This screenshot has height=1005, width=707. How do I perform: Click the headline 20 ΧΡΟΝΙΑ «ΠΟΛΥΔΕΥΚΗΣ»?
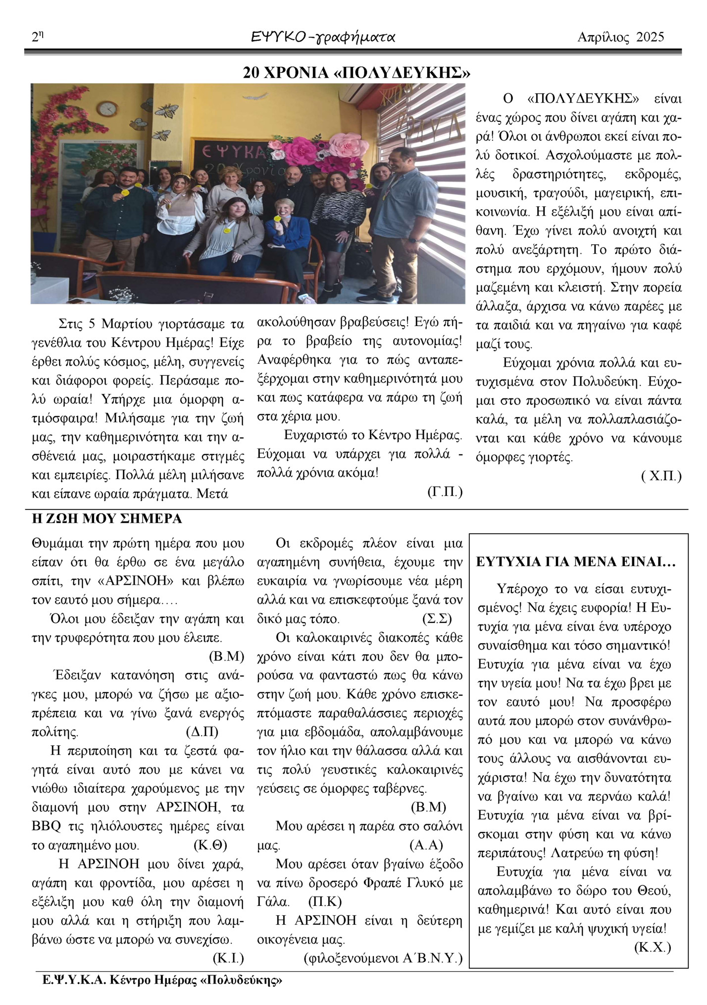[x=356, y=73]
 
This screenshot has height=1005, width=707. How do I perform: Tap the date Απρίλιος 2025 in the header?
[x=621, y=37]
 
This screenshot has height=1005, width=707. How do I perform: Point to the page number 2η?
[x=38, y=37]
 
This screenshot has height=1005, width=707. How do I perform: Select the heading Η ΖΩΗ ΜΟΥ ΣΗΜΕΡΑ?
[x=106, y=519]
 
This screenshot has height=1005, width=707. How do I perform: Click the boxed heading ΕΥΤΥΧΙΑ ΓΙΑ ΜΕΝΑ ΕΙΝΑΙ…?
[x=576, y=562]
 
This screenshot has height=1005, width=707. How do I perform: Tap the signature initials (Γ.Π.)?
[x=444, y=492]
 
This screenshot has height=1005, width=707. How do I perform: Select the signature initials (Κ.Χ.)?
[x=652, y=948]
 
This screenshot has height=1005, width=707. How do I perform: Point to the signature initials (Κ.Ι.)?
[x=228, y=958]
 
